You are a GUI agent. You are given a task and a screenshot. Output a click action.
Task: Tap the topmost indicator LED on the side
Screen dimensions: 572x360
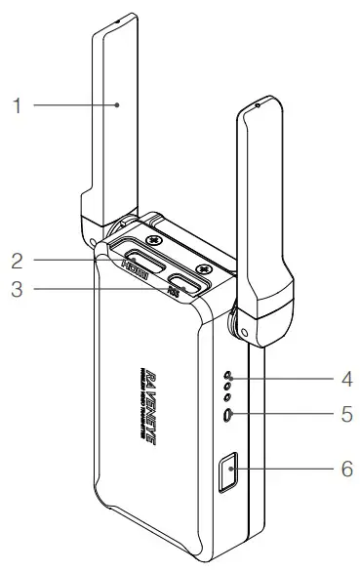point(228,374)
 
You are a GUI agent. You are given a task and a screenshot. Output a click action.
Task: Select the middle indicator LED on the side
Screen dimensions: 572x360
point(228,386)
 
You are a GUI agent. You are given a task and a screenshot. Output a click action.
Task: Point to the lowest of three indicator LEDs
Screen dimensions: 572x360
point(228,397)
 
